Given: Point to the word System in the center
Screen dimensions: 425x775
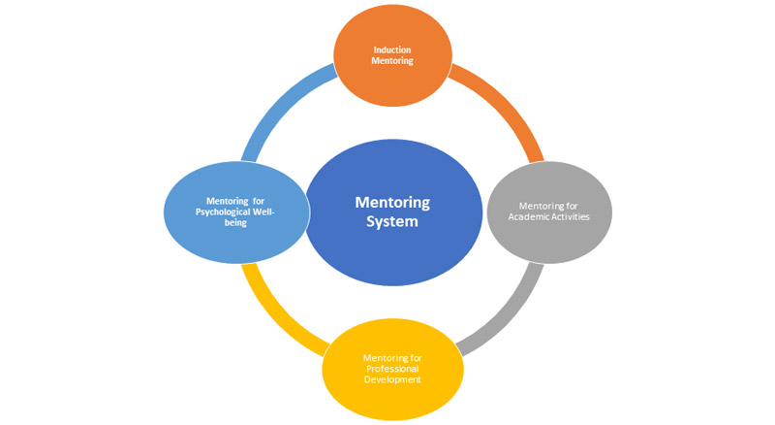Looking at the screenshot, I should (x=392, y=221).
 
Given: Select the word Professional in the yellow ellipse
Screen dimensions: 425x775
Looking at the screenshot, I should (x=392, y=369).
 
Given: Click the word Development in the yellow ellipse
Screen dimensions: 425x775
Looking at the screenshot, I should (x=392, y=379).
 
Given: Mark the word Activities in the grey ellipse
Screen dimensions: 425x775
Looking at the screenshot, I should (x=569, y=216).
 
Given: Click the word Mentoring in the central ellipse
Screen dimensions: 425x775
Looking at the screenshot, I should (x=392, y=202).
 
